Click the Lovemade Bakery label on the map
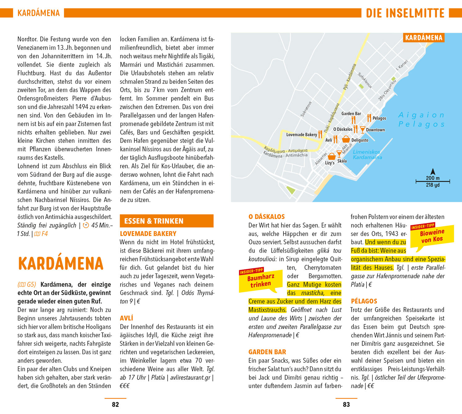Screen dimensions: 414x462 pos(302,135)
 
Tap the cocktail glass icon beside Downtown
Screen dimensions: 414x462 pos(363,130)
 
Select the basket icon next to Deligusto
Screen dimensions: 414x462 pos(346,139)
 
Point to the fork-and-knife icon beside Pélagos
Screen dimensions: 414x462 pos(369,118)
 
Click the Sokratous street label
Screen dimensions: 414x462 pos(306,109)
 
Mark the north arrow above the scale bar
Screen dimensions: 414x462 pos(433,172)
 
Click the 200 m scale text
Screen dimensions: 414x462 pos(433,178)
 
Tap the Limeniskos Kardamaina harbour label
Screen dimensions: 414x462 pos(367,155)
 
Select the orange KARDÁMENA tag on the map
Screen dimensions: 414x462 pos(423,38)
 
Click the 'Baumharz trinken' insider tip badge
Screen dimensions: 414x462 pos(261,280)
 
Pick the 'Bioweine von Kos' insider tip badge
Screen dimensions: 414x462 pos(432,236)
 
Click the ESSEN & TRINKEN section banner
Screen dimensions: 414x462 pos(166,221)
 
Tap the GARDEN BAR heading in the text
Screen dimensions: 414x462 pos(267,352)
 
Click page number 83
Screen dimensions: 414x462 pos(346,404)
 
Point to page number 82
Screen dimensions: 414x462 pos(115,404)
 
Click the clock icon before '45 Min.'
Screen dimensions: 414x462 pos(86,225)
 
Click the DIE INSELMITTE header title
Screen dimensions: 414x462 pos(405,13)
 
